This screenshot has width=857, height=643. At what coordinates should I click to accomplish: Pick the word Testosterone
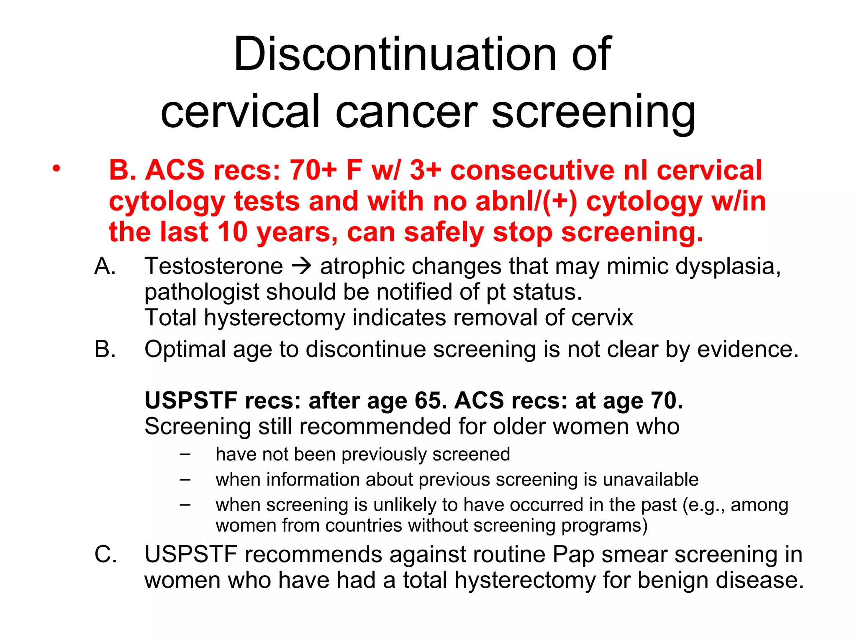[x=213, y=266]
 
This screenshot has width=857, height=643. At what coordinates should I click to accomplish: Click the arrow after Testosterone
[x=301, y=266]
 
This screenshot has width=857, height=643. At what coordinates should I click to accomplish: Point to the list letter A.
[x=105, y=266]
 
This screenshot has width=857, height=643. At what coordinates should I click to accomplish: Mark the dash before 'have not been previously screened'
[x=185, y=454]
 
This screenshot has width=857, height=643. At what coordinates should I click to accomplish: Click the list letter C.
[x=105, y=555]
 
